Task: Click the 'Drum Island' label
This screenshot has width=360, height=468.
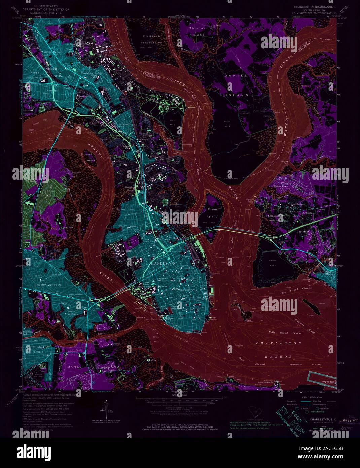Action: [212, 213]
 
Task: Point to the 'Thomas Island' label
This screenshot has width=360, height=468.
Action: [197, 32]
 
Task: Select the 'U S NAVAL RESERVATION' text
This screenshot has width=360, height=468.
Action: [152, 40]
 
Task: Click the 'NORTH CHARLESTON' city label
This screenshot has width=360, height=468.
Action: [48, 74]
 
